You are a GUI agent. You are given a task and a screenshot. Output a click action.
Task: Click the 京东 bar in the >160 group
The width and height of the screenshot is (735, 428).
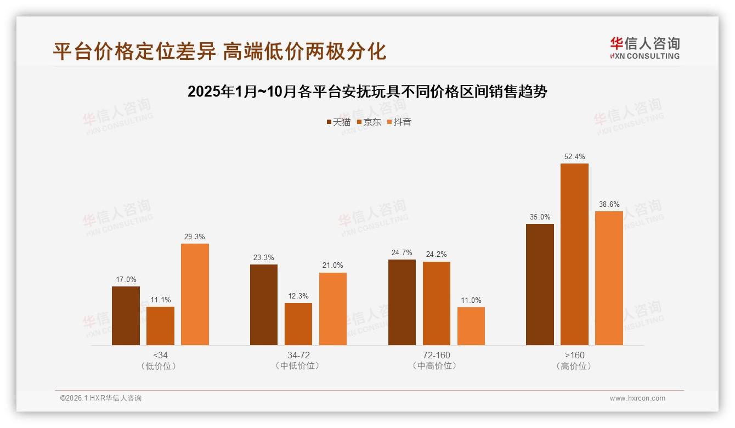tap(574, 254)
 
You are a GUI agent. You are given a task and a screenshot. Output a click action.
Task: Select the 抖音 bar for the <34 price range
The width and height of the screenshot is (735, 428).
tap(195, 294)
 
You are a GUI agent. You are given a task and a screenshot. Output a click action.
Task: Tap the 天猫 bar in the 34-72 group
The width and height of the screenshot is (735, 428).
tap(264, 305)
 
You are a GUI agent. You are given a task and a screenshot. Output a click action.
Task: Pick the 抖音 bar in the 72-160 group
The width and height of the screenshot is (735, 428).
tap(471, 326)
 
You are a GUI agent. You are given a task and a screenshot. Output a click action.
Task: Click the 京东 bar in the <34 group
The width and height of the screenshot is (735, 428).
tap(160, 325)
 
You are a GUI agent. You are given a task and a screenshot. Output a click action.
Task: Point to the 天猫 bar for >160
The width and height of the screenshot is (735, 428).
tap(540, 284)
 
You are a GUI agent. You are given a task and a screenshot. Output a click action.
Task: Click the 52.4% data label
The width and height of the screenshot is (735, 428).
tap(574, 157)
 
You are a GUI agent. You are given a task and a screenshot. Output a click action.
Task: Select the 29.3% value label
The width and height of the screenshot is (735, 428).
tap(195, 237)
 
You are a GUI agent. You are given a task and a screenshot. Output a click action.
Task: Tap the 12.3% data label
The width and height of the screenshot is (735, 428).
tap(298, 296)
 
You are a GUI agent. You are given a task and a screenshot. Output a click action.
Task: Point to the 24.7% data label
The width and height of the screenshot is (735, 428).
tap(402, 253)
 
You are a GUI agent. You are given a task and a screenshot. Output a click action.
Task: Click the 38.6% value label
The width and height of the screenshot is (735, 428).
tap(609, 205)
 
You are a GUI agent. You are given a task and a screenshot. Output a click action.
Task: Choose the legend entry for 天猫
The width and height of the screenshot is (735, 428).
tap(338, 122)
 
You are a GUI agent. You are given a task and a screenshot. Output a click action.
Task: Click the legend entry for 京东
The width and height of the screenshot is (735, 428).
tap(369, 122)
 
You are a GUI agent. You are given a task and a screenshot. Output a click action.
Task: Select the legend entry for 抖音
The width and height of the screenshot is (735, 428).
tap(399, 122)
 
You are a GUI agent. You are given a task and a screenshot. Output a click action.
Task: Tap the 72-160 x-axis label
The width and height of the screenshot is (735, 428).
tap(437, 355)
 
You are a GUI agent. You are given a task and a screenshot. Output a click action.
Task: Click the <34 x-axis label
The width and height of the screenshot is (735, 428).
tap(160, 355)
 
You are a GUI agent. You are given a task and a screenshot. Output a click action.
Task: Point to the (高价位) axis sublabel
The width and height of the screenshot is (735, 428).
tap(574, 366)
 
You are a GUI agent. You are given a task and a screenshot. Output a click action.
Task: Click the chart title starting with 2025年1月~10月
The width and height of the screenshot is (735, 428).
tap(367, 92)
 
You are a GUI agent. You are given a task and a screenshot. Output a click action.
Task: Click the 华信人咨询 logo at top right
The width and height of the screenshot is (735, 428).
tap(644, 48)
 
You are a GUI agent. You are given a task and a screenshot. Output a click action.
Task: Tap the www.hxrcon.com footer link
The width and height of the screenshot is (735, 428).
tap(637, 398)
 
